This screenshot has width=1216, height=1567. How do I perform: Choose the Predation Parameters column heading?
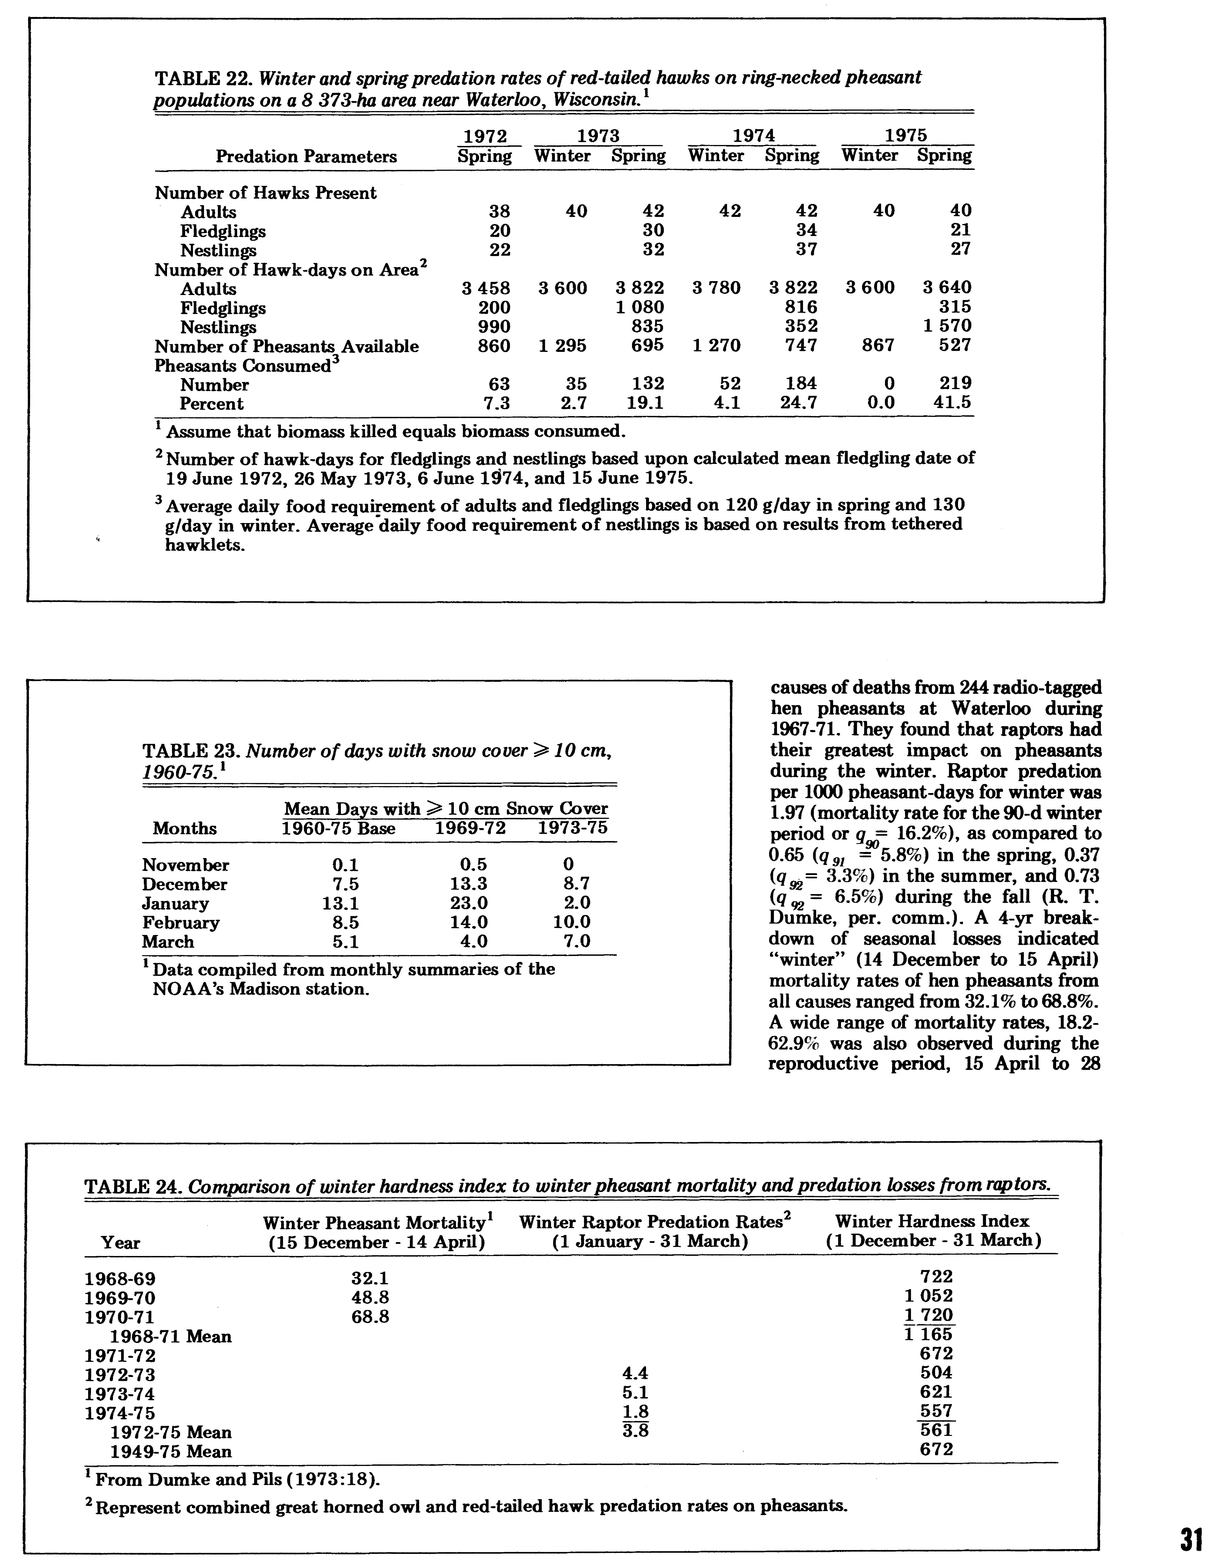coord(306,156)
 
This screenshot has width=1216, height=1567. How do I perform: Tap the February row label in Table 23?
coord(181,922)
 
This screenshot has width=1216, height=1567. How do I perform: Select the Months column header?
coord(184,828)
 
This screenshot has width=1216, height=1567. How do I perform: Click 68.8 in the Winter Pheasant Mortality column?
coord(370,1317)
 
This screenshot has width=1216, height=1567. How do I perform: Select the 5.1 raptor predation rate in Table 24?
coord(636,1393)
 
